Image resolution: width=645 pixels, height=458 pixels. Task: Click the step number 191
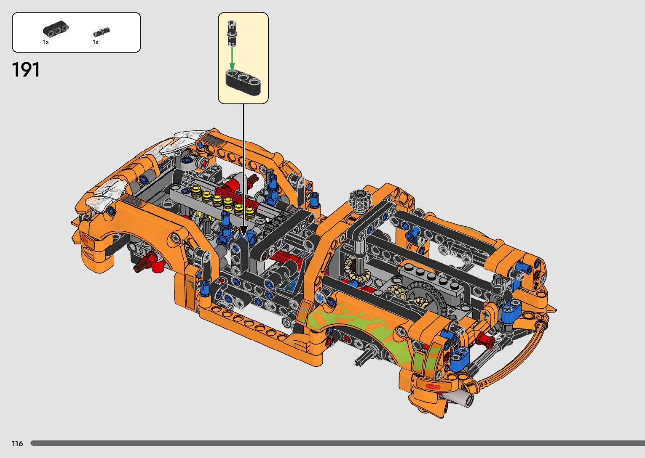click(x=26, y=70)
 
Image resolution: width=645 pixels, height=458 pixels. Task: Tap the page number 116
click(x=17, y=444)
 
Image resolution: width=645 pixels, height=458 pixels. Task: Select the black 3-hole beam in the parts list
click(x=56, y=29)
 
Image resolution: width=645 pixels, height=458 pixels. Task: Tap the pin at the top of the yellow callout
click(x=232, y=33)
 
